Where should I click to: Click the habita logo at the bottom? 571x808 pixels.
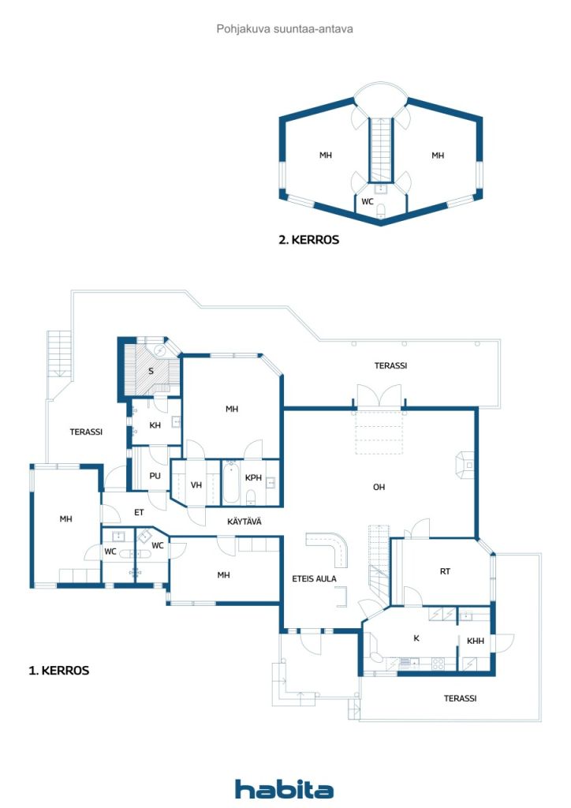pos(284,788)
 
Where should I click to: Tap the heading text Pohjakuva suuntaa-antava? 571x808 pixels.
pos(285,28)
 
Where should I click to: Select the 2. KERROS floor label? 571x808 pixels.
pos(308,240)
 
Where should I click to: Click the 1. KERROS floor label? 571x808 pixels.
pos(59,671)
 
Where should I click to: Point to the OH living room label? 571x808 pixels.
pos(379,487)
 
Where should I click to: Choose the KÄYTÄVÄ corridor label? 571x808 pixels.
pos(244,521)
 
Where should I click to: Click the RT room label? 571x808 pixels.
pos(446,572)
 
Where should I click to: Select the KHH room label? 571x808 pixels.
pos(476,642)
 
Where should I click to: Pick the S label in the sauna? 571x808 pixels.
pos(151,371)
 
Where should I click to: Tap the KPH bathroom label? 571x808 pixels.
pos(253,478)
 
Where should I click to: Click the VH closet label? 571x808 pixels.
pos(196,484)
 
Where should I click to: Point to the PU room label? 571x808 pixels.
pos(155,476)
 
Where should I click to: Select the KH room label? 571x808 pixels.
pos(155,425)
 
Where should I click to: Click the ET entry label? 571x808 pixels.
pos(139,512)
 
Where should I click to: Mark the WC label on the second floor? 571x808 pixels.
pos(367,201)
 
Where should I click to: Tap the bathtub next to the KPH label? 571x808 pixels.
pos(231,483)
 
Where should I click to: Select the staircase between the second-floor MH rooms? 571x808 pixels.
pos(381,150)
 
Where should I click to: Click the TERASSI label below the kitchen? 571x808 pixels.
pos(460,698)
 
